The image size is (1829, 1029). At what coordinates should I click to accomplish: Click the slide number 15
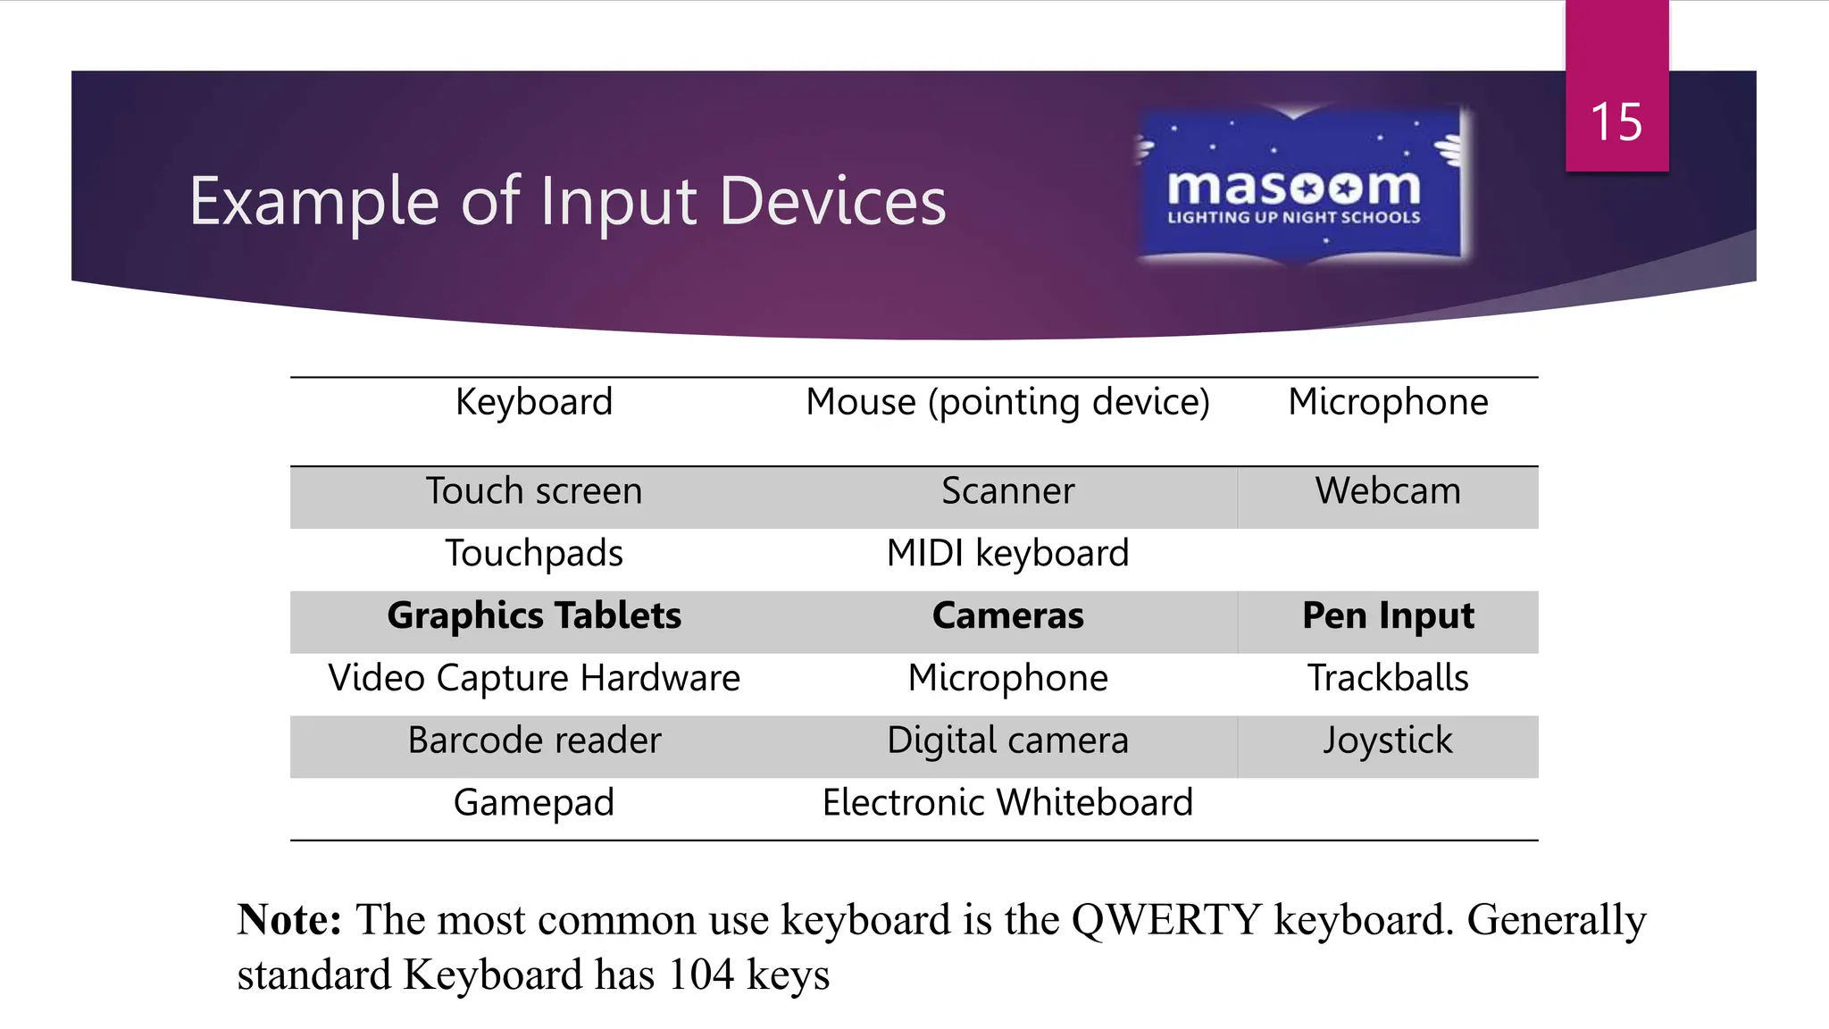click(1616, 122)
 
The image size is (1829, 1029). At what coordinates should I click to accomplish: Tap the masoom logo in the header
click(1295, 186)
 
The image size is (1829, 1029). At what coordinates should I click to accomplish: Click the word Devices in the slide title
click(832, 202)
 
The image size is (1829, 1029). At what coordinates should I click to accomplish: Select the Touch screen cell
click(534, 491)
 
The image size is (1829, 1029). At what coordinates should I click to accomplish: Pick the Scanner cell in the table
click(1007, 491)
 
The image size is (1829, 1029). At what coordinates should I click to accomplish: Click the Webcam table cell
click(1388, 491)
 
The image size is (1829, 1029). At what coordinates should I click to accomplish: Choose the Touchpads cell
click(534, 554)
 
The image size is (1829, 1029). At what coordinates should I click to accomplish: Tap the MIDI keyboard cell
click(1007, 554)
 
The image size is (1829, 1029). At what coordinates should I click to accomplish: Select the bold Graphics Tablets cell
click(534, 616)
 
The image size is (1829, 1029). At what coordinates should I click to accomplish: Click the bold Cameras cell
click(1007, 616)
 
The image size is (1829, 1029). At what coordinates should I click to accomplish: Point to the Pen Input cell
click(1388, 616)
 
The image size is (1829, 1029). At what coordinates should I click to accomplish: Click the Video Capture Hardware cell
click(534, 679)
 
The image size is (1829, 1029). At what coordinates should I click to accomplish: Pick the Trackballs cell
click(1388, 679)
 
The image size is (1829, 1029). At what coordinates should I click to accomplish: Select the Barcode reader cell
click(534, 741)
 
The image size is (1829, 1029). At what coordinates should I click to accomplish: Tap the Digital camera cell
click(1007, 741)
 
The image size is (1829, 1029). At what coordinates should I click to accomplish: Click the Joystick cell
click(1388, 741)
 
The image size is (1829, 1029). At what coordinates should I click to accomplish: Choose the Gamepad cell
click(534, 803)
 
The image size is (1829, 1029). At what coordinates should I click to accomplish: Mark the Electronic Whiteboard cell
click(1007, 803)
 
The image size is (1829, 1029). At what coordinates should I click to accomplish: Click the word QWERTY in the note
click(1166, 920)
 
